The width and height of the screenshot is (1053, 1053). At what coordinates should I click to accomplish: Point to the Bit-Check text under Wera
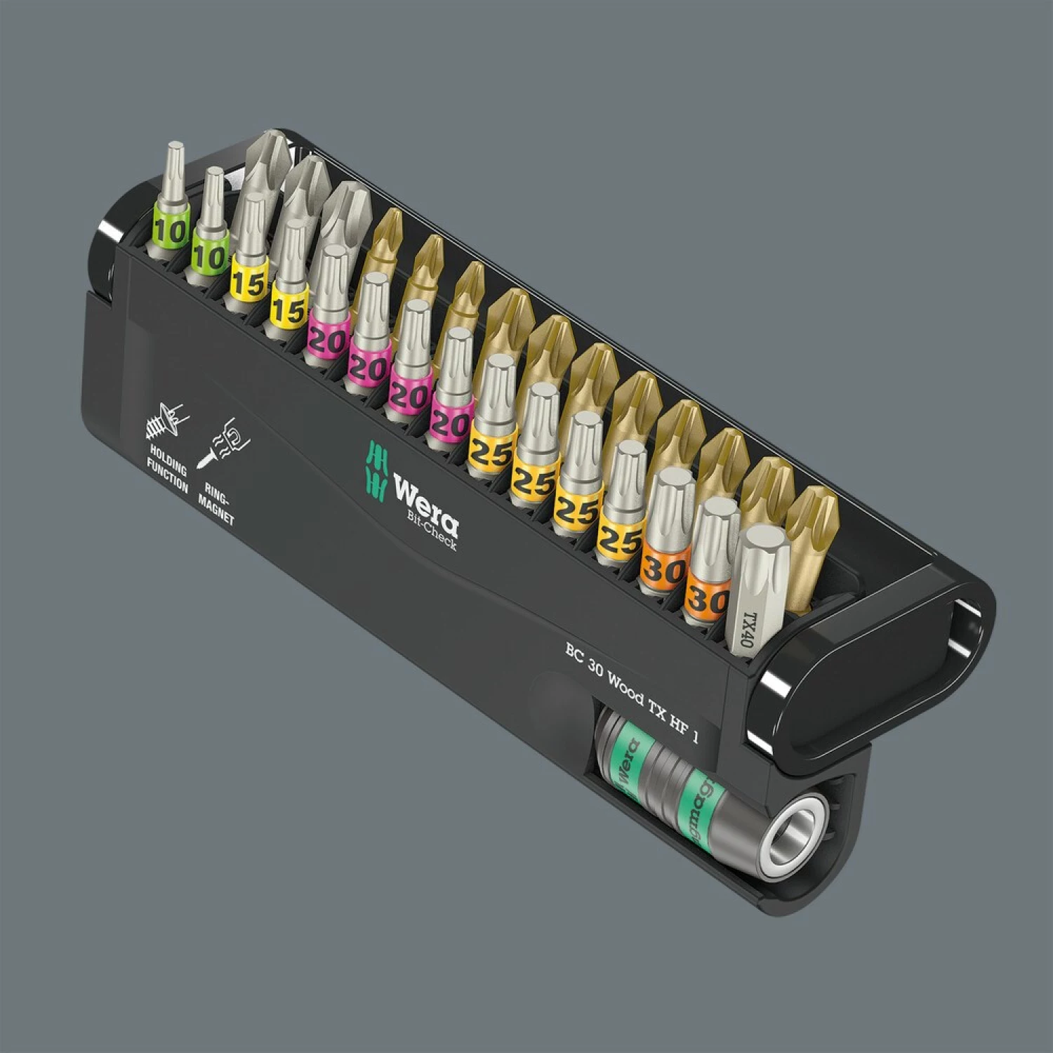point(432,533)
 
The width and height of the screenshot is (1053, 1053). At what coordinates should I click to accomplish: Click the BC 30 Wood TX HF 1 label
point(632,691)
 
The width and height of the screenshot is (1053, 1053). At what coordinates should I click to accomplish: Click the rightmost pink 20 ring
point(450,424)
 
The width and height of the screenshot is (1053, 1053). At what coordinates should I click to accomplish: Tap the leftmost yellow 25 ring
point(491,453)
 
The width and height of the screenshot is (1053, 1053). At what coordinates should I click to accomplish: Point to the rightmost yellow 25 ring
point(620,541)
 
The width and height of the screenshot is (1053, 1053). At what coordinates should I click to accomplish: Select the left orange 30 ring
point(663,569)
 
